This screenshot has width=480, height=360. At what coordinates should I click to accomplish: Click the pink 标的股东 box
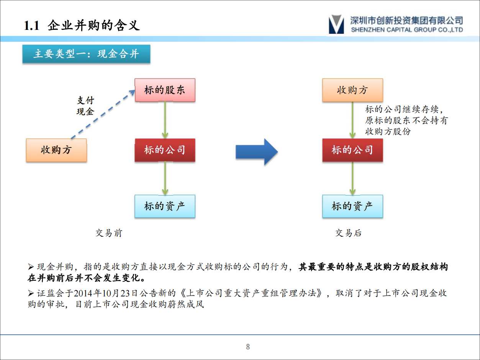(165, 90)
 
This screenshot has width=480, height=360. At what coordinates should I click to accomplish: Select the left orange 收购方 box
(56, 150)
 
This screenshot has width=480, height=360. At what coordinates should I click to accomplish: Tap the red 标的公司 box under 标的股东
(165, 150)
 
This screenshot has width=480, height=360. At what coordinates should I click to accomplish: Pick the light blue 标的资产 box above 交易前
(165, 206)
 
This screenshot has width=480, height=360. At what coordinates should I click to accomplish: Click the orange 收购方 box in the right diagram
(352, 90)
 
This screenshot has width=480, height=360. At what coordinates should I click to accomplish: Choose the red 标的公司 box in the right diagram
(352, 150)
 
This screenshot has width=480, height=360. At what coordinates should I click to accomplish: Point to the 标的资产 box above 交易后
(352, 206)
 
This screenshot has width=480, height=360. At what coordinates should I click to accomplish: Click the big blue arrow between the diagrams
(256, 152)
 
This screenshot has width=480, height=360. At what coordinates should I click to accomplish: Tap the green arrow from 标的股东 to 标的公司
(165, 120)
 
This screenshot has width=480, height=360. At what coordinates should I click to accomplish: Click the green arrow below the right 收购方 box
(352, 120)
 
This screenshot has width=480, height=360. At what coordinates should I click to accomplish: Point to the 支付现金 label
(85, 106)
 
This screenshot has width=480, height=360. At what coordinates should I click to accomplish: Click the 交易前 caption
(109, 233)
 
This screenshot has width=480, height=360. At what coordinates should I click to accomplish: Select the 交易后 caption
(348, 233)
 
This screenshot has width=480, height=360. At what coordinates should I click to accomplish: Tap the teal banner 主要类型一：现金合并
(86, 54)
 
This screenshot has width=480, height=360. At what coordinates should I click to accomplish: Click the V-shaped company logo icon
(336, 24)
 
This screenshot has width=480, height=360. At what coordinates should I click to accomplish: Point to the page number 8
(248, 347)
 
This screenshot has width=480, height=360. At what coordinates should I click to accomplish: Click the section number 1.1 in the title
(32, 26)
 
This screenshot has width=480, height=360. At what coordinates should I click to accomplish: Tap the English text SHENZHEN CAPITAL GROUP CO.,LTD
(406, 30)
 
